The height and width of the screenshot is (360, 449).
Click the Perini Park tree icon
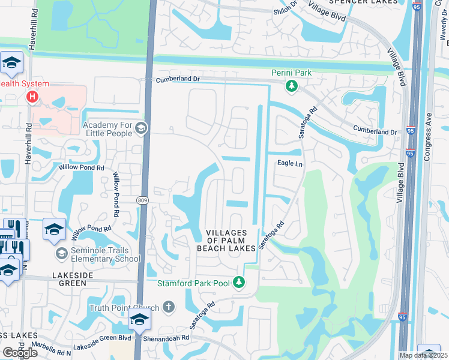click(291, 87)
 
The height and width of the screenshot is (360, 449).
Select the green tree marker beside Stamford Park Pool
click(239, 282)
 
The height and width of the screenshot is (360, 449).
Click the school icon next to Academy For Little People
click(141, 128)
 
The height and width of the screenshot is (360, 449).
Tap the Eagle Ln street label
click(289, 163)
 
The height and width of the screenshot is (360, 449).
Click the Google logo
click(19, 352)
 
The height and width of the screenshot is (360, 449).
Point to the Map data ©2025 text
click(423, 355)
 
